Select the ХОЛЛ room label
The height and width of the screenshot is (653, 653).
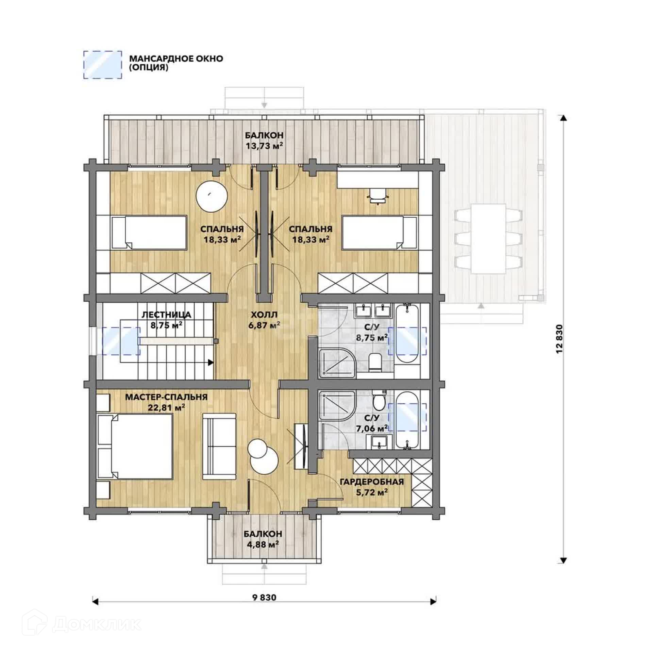click(264, 314)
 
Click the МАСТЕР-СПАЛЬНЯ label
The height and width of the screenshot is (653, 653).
click(166, 397)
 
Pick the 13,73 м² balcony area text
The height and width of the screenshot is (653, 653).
click(264, 146)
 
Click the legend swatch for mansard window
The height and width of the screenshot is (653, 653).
click(103, 65)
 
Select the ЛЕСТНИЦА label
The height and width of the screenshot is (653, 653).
click(166, 315)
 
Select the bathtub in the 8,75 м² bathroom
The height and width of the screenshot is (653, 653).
click(407, 335)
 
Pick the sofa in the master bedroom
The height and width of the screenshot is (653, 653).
click(219, 447)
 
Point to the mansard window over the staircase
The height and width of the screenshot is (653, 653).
click(121, 341)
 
